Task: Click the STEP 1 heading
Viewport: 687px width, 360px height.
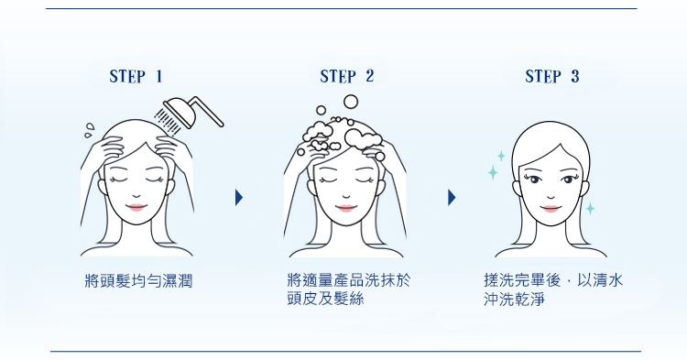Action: click(136, 76)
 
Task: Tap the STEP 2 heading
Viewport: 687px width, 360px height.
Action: click(346, 76)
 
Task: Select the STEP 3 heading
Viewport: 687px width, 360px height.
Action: click(552, 76)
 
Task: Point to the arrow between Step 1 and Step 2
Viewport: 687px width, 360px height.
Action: click(239, 198)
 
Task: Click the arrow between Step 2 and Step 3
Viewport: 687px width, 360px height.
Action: click(452, 198)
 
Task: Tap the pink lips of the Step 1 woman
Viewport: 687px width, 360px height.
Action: click(136, 207)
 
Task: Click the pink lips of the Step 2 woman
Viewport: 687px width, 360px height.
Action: click(345, 208)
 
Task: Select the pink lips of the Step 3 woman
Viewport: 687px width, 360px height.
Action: click(551, 208)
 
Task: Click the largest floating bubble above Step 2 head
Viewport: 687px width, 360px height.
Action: click(351, 102)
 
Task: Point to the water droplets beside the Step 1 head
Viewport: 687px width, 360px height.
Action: click(90, 130)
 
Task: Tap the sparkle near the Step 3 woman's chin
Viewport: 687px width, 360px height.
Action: click(590, 208)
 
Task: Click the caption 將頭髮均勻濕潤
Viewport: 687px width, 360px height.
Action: click(138, 280)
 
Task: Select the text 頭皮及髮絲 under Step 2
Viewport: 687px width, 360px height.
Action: click(325, 299)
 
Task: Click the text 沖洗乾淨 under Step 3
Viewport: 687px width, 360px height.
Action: click(515, 299)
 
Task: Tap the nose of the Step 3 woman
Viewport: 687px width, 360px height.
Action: click(551, 196)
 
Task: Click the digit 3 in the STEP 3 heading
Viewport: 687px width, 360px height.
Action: click(575, 76)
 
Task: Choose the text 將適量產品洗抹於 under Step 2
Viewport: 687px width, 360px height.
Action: click(349, 280)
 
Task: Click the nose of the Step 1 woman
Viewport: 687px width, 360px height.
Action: click(136, 196)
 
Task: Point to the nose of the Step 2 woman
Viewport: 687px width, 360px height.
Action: click(346, 196)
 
